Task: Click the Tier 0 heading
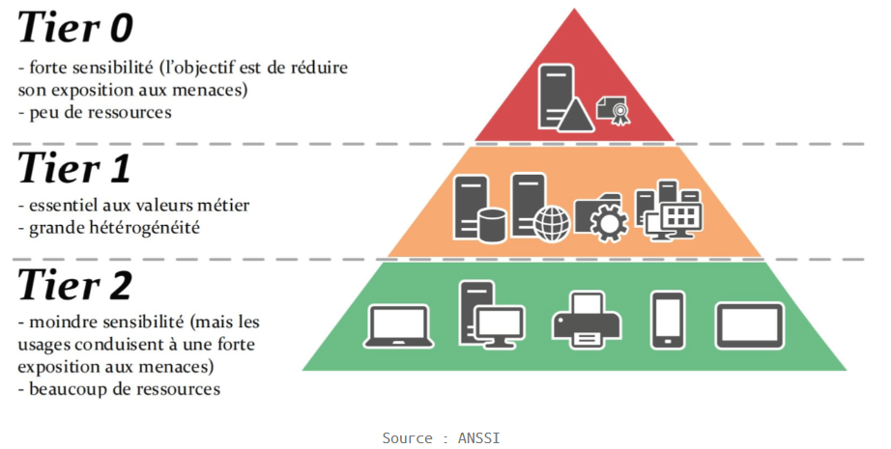coord(74,29)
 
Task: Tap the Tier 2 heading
coord(74,285)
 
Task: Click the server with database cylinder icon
coord(479,209)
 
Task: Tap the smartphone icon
coord(668,320)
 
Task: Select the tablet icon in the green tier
coord(750,325)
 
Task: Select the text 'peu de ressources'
coord(94,112)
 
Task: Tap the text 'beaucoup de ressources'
coord(118,389)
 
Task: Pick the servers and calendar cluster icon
coord(669,209)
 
